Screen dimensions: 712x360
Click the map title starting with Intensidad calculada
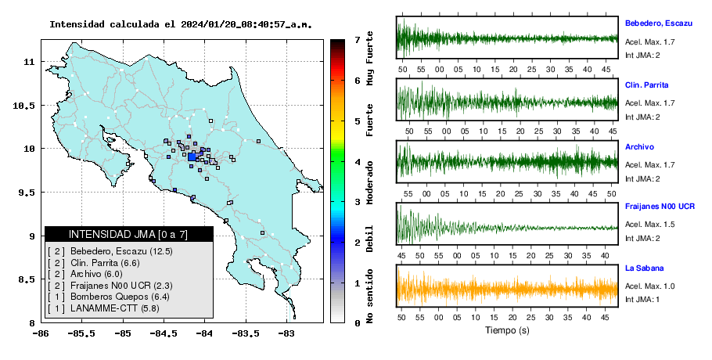(x=181, y=24)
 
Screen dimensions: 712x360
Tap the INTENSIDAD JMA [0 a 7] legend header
(x=128, y=234)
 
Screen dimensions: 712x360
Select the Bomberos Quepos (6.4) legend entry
(x=104, y=297)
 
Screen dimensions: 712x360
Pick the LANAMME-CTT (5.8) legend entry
(x=103, y=308)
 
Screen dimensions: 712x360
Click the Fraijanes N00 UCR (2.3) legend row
(x=110, y=286)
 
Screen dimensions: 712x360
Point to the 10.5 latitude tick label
(x=24, y=106)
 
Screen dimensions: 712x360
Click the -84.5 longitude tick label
(x=164, y=333)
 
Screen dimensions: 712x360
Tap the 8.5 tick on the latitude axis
(x=27, y=279)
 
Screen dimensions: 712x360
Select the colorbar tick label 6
(x=358, y=81)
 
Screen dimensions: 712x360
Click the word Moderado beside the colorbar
(x=370, y=182)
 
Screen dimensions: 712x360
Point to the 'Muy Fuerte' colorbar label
(x=370, y=58)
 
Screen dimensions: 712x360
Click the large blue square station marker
(x=192, y=157)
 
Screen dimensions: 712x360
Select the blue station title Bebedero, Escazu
(x=659, y=23)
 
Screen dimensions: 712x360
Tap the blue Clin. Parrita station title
(x=646, y=85)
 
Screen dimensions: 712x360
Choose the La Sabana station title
(x=644, y=268)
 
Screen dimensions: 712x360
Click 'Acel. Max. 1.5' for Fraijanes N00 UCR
(x=649, y=225)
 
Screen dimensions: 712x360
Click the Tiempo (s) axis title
(x=507, y=330)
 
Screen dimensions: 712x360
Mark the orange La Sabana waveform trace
(x=507, y=289)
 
